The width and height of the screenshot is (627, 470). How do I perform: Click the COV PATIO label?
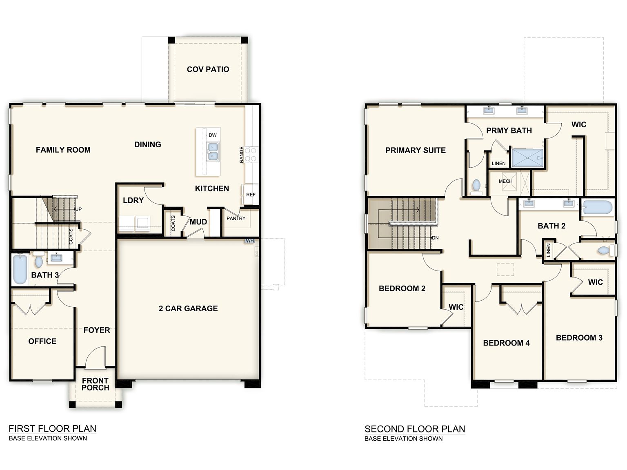pyautogui.click(x=208, y=69)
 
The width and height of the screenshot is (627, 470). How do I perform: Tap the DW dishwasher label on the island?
pyautogui.click(x=213, y=135)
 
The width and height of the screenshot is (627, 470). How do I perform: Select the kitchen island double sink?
pyautogui.click(x=213, y=152)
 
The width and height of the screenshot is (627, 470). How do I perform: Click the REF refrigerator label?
pyautogui.click(x=251, y=195)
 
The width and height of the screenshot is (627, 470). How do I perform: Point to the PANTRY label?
pyautogui.click(x=236, y=218)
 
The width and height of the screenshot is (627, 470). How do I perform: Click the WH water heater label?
pyautogui.click(x=250, y=241)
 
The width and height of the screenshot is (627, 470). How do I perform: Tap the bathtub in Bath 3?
pyautogui.click(x=20, y=269)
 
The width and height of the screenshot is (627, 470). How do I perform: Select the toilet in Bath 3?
pyautogui.click(x=38, y=259)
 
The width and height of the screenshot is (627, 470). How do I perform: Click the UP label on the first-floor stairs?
pyautogui.click(x=78, y=209)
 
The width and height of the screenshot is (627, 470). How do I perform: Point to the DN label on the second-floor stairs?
pyautogui.click(x=435, y=238)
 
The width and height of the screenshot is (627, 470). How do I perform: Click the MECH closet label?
pyautogui.click(x=505, y=181)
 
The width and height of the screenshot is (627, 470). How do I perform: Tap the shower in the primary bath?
pyautogui.click(x=527, y=157)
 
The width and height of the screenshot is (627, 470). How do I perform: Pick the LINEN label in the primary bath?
pyautogui.click(x=498, y=164)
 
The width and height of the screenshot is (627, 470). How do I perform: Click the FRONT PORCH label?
pyautogui.click(x=95, y=384)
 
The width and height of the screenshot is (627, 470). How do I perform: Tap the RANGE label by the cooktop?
pyautogui.click(x=242, y=155)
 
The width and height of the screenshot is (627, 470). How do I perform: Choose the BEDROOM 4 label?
pyautogui.click(x=506, y=343)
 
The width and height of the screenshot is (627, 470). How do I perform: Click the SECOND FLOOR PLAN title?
pyautogui.click(x=415, y=429)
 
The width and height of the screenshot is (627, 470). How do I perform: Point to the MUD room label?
pyautogui.click(x=198, y=222)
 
